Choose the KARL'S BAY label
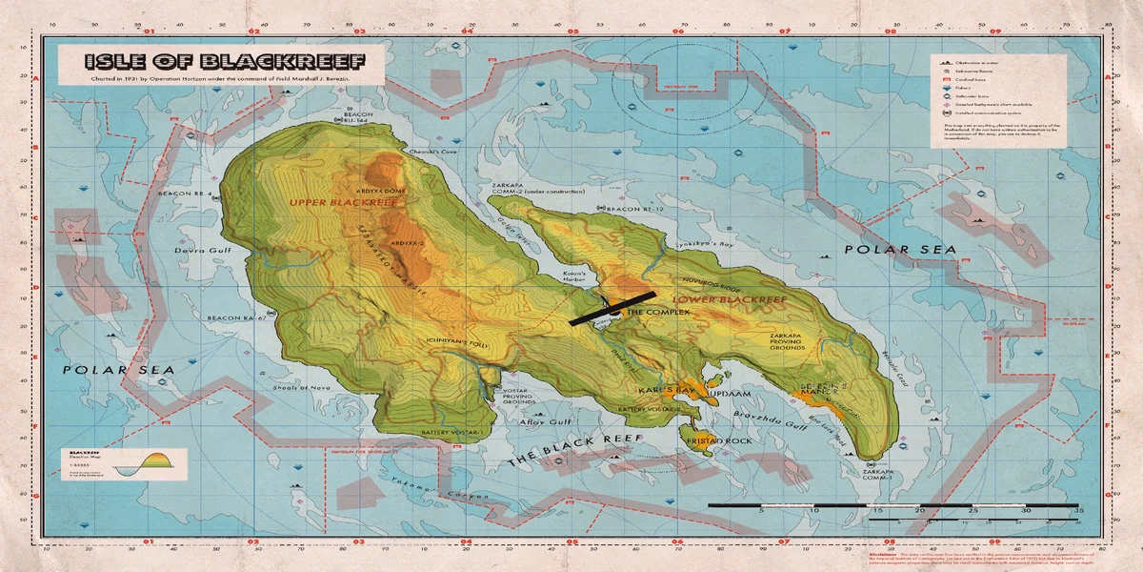click(x=668, y=391)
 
